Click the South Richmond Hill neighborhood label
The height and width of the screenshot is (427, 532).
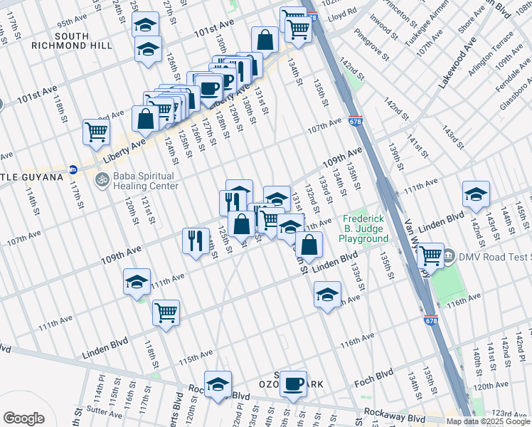click(71, 41)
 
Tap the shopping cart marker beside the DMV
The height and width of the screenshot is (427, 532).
click(431, 255)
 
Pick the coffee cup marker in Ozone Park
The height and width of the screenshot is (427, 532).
click(292, 384)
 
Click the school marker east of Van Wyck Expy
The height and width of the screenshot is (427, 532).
click(476, 194)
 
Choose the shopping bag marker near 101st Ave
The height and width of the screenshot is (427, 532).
click(265, 40)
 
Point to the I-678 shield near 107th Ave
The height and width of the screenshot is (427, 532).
click(356, 122)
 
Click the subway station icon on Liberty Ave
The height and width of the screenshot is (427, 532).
click(73, 170)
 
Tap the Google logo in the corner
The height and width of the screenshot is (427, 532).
click(23, 418)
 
